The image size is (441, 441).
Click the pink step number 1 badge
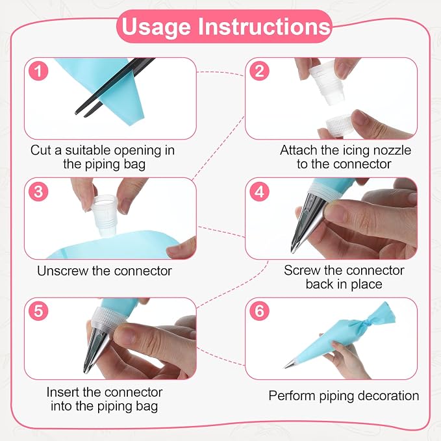pyautogui.click(x=38, y=71)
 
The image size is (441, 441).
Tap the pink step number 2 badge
pyautogui.click(x=259, y=71)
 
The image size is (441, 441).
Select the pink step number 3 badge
pyautogui.click(x=38, y=192)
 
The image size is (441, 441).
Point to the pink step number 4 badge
pyautogui.click(x=259, y=192)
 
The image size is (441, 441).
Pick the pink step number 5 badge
pyautogui.click(x=38, y=311)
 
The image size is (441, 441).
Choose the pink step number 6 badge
pyautogui.click(x=259, y=311)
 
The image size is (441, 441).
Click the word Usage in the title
pyautogui.click(x=157, y=27)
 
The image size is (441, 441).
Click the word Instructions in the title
pyautogui.click(x=264, y=26)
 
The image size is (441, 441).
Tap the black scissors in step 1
pyautogui.click(x=114, y=86)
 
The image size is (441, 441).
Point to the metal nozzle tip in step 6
pyautogui.click(x=290, y=365)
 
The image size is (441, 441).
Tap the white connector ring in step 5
pyautogui.click(x=108, y=318)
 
